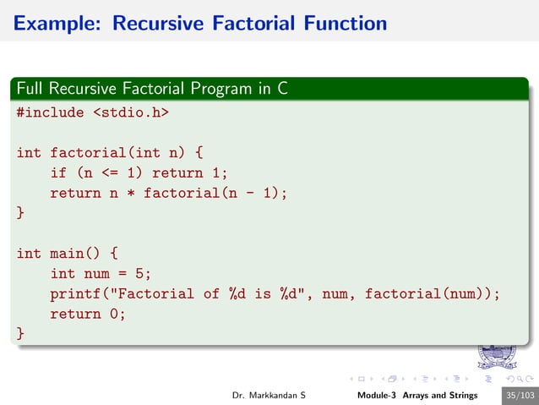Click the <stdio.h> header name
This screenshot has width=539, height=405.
pos(126,112)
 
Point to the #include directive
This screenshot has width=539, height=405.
pos(50,112)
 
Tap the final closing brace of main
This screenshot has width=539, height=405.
pos(20,335)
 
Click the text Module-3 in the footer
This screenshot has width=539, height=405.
pos(377,396)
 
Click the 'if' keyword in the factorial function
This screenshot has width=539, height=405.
pos(58,173)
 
